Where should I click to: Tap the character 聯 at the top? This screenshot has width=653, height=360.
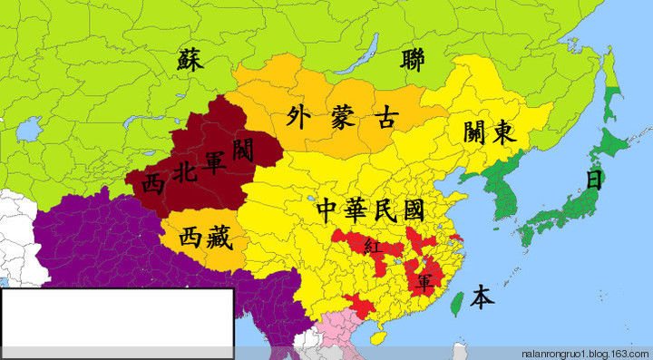416,61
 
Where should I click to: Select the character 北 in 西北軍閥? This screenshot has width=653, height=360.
185,180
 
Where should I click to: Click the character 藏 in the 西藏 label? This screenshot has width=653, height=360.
218,238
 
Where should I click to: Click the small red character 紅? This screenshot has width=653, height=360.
370,246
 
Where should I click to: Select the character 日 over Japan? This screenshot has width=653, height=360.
595,179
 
